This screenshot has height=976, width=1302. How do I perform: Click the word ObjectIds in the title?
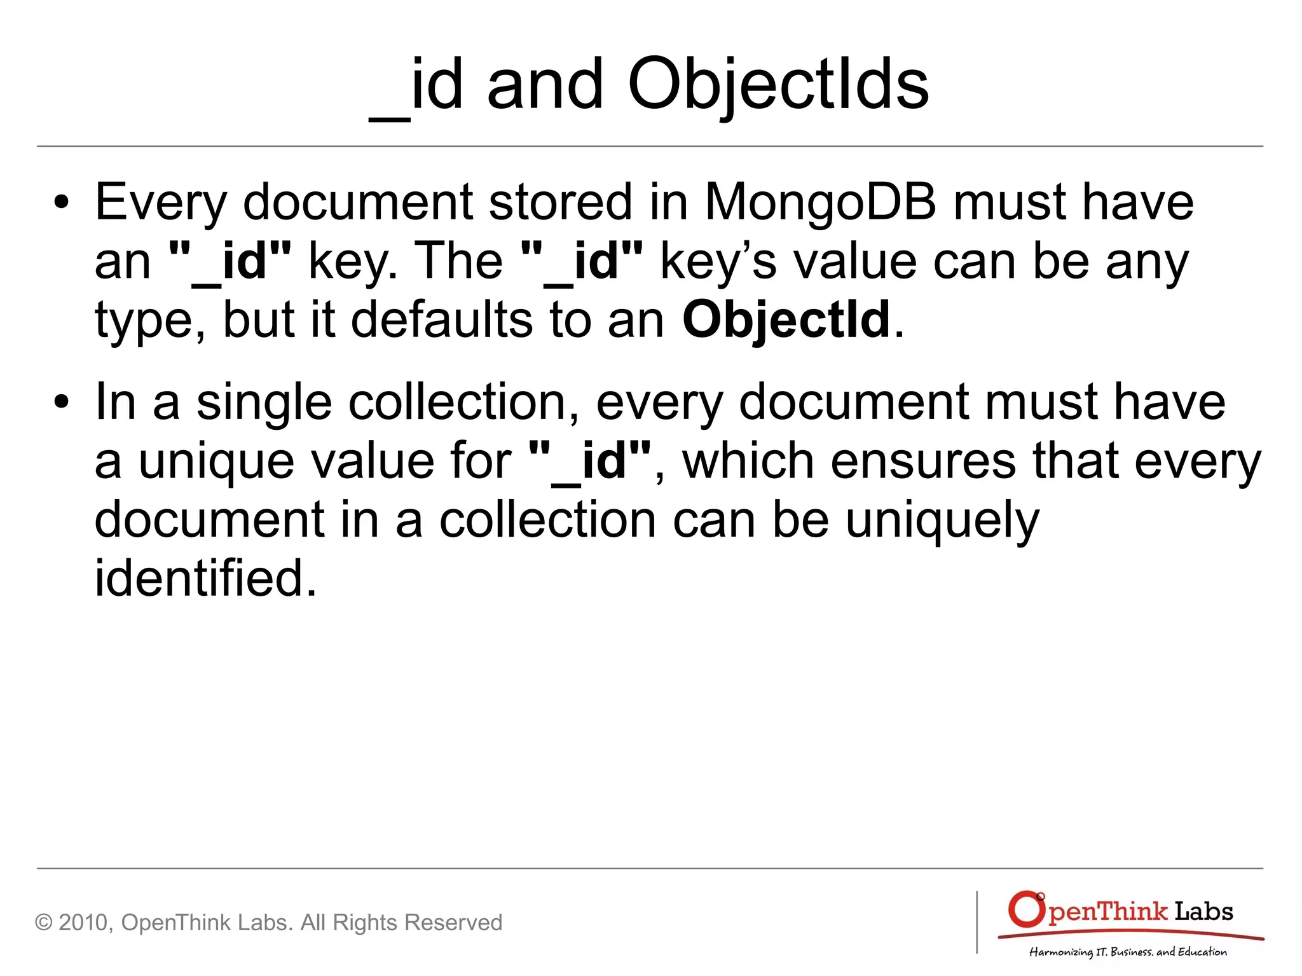pos(778,85)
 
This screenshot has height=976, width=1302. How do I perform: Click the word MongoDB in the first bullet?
pos(820,202)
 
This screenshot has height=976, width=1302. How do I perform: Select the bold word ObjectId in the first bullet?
pos(786,319)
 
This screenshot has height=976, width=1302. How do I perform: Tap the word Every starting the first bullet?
pos(161,202)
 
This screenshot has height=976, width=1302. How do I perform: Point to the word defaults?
pos(442,319)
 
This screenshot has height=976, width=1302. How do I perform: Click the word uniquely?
pos(942,520)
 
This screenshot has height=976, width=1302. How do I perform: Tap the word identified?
pos(205,578)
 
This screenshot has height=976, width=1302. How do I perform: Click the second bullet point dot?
pos(61,403)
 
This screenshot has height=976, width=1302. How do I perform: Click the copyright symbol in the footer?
pos(43,923)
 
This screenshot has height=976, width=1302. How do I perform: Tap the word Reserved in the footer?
pos(453,923)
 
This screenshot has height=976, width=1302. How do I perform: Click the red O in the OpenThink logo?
pos(1025,910)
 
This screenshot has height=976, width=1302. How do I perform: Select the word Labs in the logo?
pos(1203,912)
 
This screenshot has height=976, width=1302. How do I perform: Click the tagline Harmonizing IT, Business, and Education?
pos(1128,952)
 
